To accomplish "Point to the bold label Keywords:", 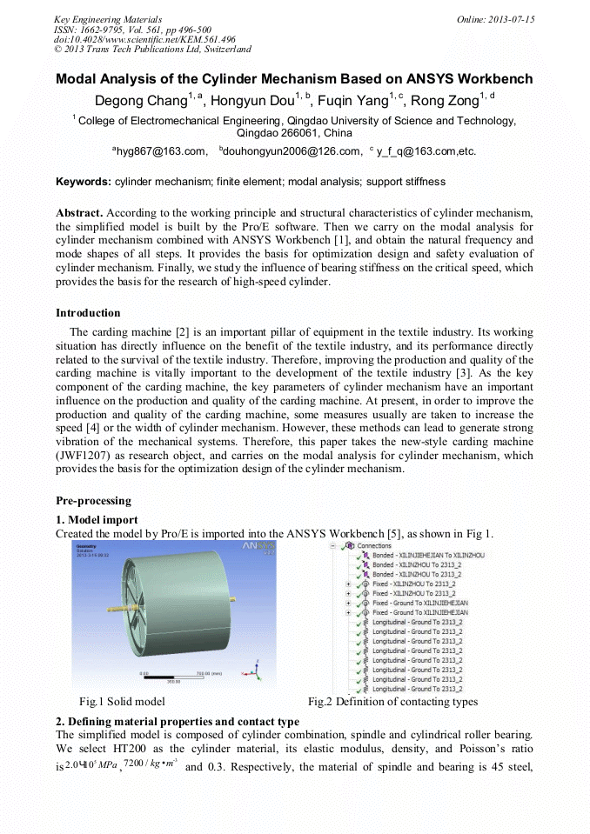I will pyautogui.click(x=84, y=182).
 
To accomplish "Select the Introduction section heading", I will pyautogui.click(x=88, y=313).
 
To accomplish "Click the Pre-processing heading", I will pyautogui.click(x=93, y=501).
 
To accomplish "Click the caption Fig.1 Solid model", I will pyautogui.click(x=122, y=701).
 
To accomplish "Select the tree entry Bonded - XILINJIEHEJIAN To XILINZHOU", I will pyautogui.click(x=427, y=555).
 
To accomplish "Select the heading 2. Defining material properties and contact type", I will pyautogui.click(x=178, y=722).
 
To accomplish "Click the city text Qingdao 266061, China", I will pyautogui.click(x=294, y=133).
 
